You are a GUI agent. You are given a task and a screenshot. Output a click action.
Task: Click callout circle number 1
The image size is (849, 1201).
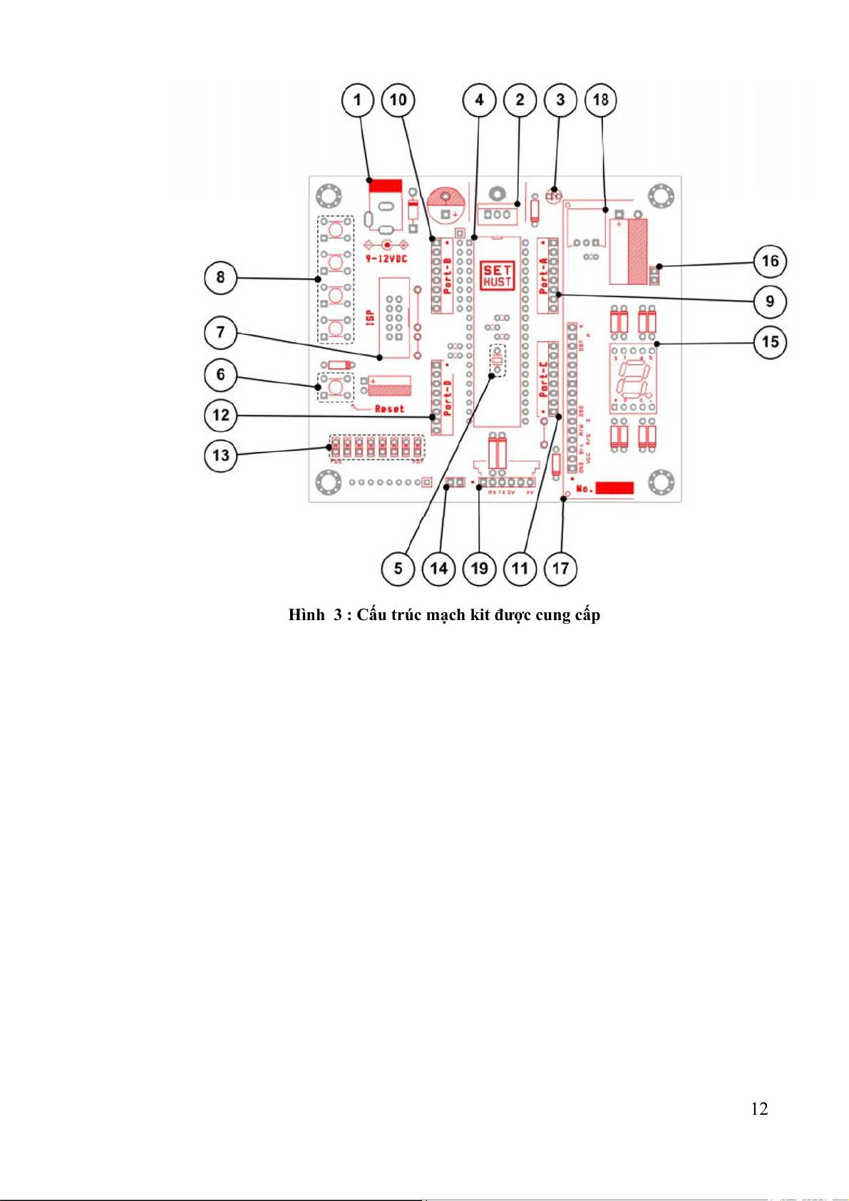click(358, 100)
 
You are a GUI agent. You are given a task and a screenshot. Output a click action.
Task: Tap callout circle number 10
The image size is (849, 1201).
click(398, 100)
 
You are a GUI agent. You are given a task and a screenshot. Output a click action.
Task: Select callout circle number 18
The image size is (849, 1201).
click(601, 100)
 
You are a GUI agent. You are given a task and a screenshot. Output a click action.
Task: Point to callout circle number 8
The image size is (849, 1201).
click(221, 277)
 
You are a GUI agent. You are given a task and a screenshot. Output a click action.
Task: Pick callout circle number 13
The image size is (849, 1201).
click(221, 455)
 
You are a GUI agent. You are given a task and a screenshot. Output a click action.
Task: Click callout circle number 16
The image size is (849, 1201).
click(770, 262)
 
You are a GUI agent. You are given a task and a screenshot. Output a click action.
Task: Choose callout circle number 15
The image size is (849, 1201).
click(770, 342)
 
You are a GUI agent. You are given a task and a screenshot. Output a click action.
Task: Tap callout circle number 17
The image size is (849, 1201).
click(561, 569)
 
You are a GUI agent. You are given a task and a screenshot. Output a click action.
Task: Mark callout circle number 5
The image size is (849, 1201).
click(398, 569)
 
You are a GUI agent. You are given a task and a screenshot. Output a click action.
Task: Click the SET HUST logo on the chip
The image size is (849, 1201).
click(497, 276)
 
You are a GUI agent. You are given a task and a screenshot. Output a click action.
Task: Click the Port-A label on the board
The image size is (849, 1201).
click(544, 276)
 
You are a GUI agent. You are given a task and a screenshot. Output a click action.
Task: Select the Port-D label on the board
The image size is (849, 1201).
click(448, 398)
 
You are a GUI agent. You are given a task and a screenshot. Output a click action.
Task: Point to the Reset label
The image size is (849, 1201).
click(389, 409)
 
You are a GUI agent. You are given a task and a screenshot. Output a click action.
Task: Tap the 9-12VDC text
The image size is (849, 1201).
click(386, 259)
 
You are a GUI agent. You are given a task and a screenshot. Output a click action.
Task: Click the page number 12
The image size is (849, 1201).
click(759, 1108)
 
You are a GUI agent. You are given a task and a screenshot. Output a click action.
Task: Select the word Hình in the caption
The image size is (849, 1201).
click(307, 615)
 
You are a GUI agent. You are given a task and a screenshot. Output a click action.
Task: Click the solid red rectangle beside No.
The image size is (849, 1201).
click(614, 488)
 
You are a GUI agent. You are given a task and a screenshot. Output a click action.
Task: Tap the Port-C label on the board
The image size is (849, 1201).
click(544, 380)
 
